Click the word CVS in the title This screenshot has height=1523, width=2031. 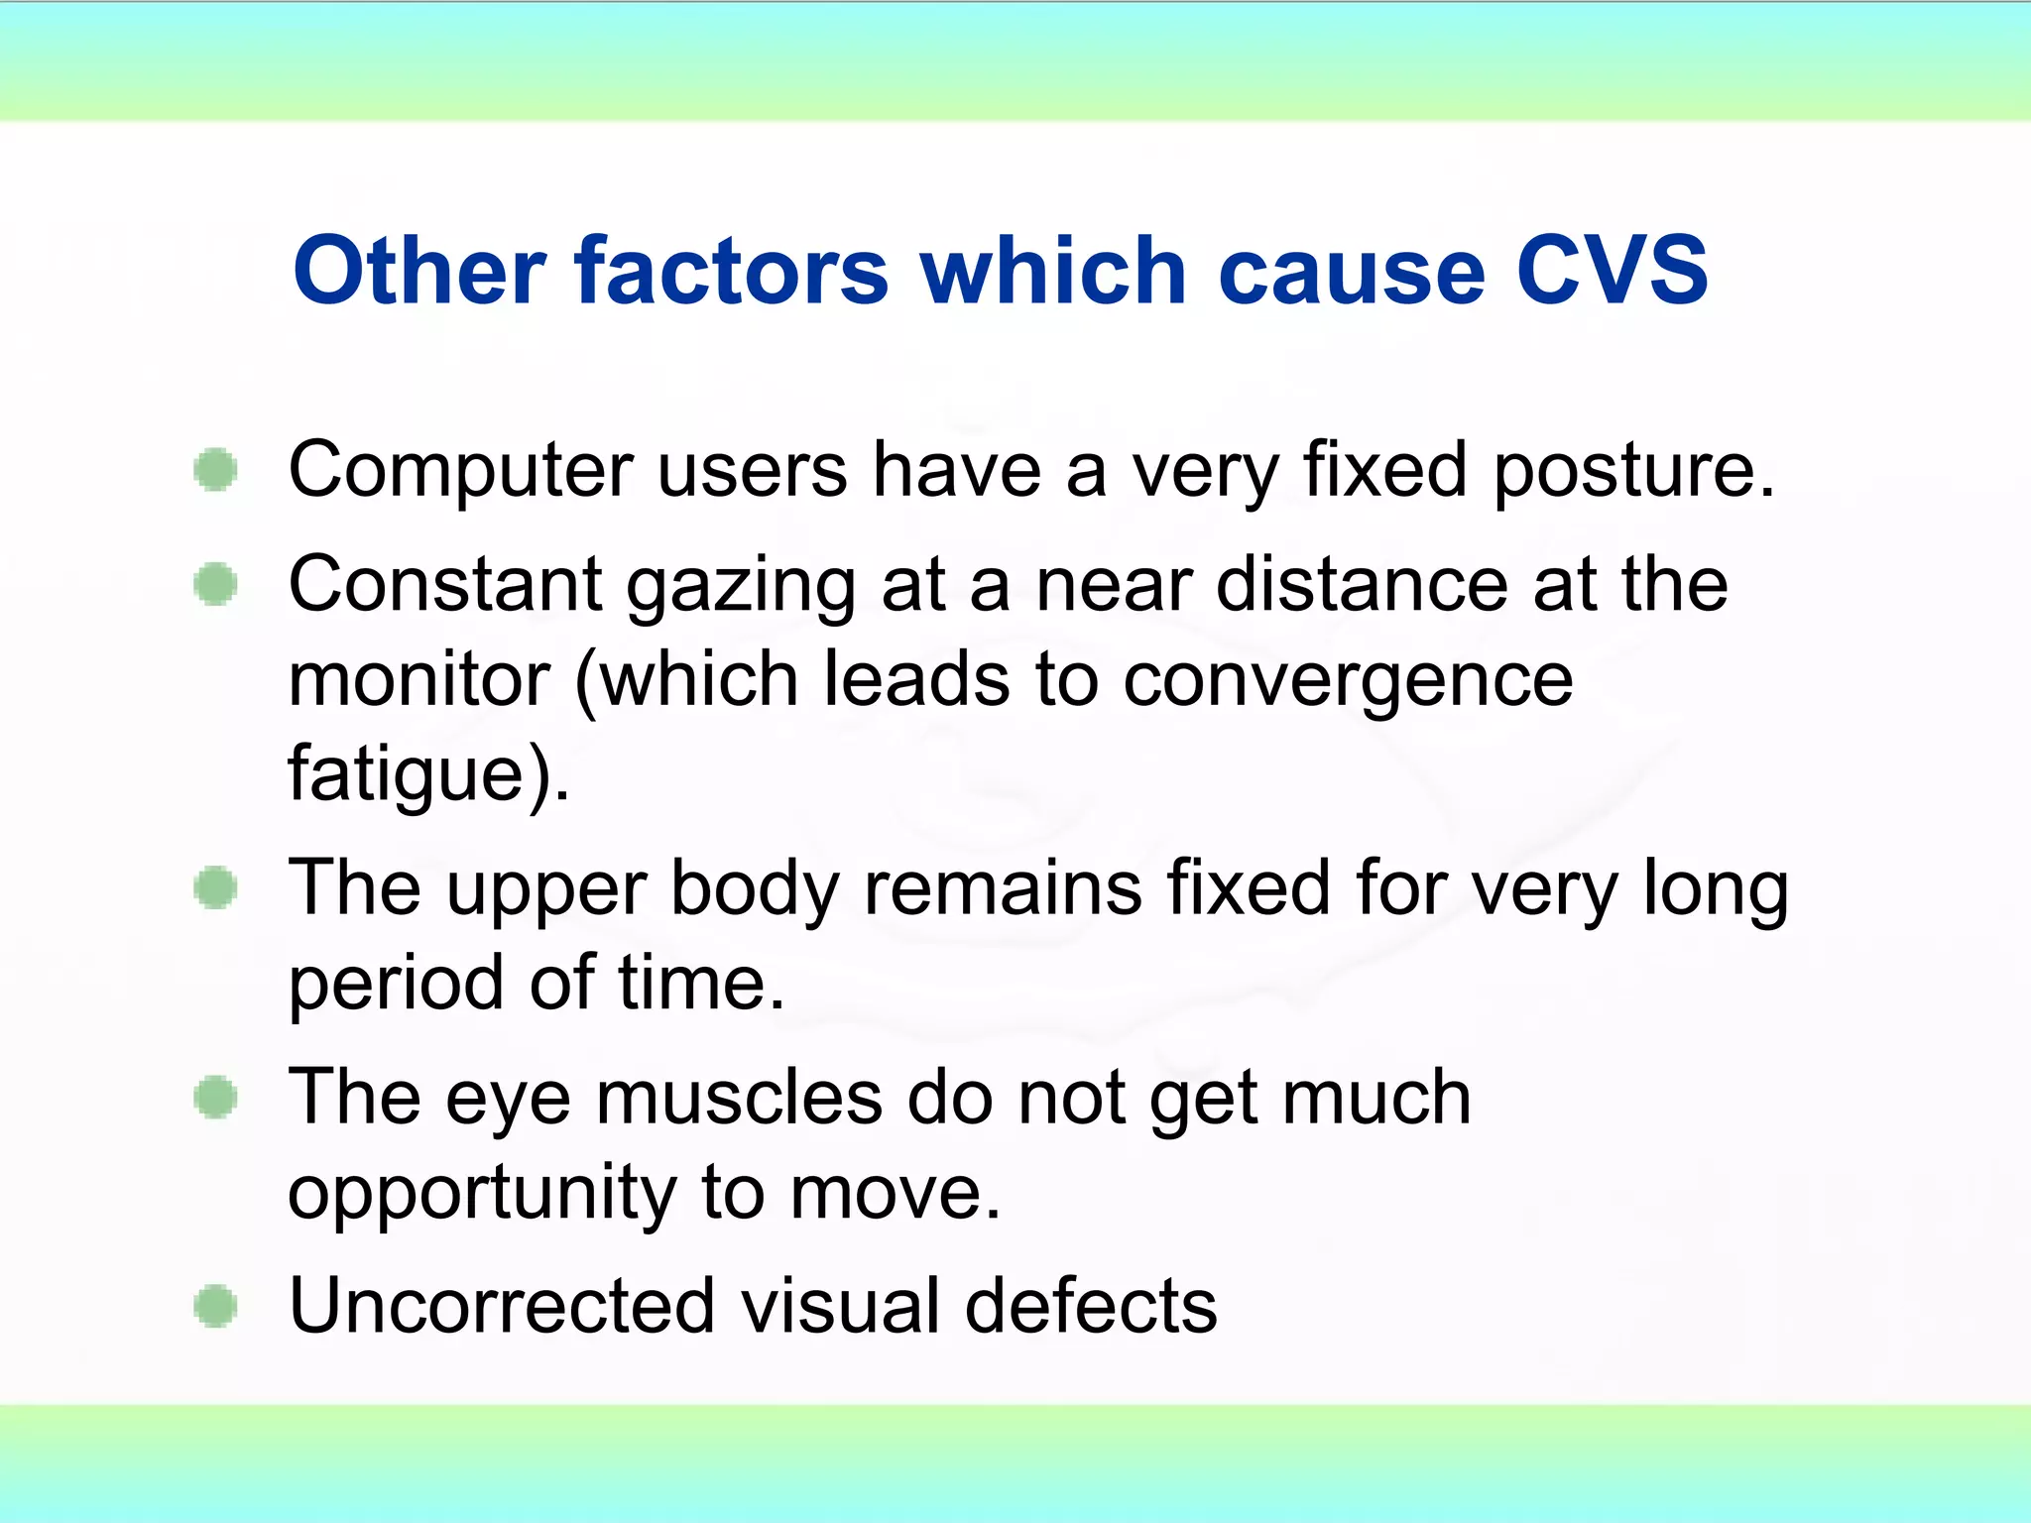click(1612, 270)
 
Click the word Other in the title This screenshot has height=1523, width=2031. click(418, 270)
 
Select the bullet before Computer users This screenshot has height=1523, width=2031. click(215, 469)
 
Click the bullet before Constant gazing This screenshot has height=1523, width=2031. click(215, 583)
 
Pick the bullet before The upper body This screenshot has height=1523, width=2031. click(215, 886)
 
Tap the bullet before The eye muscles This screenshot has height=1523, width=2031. click(215, 1097)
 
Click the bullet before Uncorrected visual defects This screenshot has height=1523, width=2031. click(215, 1305)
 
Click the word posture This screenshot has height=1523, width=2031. click(1632, 471)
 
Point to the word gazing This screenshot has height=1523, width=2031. click(741, 587)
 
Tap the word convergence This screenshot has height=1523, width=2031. click(1348, 682)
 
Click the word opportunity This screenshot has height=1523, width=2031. click(482, 1194)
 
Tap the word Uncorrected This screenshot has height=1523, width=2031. click(502, 1305)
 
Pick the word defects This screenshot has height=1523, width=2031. click(1090, 1305)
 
